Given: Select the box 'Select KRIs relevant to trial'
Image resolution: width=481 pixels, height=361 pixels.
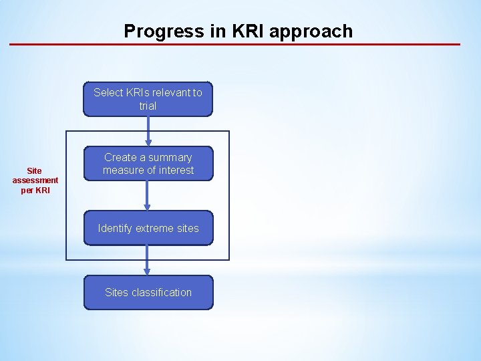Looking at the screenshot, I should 148,99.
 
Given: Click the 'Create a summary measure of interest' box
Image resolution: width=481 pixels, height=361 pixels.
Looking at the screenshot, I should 148,164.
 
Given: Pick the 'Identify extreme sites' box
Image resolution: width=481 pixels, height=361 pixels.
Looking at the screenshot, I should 148,228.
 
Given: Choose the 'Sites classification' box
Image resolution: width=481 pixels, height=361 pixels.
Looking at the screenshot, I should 148,292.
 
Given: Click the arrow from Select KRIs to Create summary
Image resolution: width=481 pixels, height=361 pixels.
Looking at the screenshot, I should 148,131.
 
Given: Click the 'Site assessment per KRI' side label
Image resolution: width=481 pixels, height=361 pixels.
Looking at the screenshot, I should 35,180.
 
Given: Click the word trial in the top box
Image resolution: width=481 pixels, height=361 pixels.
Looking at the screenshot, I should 148,106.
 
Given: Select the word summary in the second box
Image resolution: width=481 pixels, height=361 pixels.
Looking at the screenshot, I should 169,157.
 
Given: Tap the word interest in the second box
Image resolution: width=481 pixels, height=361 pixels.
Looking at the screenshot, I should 175,170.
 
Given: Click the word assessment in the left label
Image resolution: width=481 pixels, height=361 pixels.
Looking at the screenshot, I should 35,180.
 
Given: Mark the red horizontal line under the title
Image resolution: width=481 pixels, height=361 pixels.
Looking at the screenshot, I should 234,44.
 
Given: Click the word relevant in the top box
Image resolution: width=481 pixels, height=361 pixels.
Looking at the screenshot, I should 167,92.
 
